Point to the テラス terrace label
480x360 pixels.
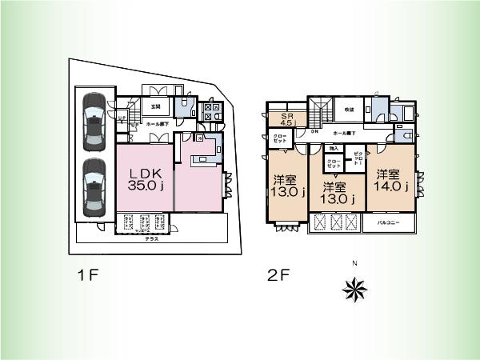pyautogui.click(x=151, y=238)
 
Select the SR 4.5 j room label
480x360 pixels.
pyautogui.click(x=286, y=119)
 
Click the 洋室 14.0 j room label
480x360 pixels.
pyautogui.click(x=391, y=181)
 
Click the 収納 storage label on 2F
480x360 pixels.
pyautogui.click(x=349, y=110)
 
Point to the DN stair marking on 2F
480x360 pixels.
pyautogui.click(x=314, y=131)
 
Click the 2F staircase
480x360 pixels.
pyautogui.click(x=320, y=110)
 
